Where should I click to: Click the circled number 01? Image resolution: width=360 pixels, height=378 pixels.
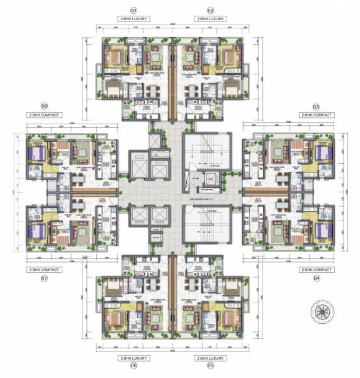coord(133,11)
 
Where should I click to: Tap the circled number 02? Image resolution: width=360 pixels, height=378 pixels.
coord(210,11)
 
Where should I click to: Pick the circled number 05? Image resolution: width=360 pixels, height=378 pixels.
coord(210,365)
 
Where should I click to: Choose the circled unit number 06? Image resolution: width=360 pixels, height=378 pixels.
coord(133,365)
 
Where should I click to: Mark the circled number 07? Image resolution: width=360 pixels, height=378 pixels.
coord(45,278)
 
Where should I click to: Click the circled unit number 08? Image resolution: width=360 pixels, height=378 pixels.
coord(45,106)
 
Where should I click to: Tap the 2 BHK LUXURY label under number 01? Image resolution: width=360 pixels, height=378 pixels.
coord(133,20)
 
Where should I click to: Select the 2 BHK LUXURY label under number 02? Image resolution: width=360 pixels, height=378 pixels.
coord(210,20)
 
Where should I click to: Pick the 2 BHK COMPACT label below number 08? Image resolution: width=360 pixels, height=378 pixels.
coord(45,116)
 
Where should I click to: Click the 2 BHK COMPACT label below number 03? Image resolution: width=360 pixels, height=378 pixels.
coord(316,116)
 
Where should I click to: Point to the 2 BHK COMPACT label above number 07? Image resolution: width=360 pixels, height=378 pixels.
coord(45,269)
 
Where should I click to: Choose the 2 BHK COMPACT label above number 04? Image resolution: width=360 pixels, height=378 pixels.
coord(316,269)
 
